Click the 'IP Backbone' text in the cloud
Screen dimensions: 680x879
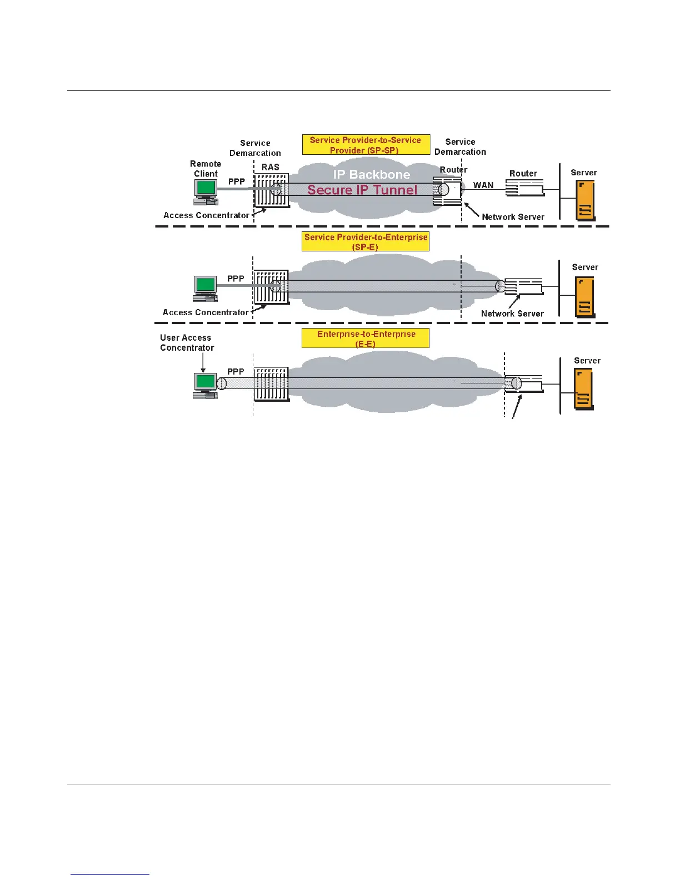point(372,174)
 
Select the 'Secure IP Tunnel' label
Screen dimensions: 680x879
point(362,190)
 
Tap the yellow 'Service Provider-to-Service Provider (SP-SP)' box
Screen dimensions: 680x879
point(366,145)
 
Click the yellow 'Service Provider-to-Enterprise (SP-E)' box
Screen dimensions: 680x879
point(366,241)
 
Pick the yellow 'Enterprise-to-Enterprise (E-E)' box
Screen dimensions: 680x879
point(366,339)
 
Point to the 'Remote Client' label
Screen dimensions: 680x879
point(206,169)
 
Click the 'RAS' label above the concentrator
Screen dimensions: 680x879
point(271,167)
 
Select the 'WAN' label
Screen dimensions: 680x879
point(483,185)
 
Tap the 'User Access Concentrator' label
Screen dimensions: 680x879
point(186,342)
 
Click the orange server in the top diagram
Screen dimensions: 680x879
point(586,200)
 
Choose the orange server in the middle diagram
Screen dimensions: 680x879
point(584,296)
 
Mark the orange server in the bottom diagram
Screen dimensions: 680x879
point(584,390)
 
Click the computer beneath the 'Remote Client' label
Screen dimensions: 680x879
point(206,192)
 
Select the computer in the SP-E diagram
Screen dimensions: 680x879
point(205,289)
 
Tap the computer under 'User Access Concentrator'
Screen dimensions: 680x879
point(205,386)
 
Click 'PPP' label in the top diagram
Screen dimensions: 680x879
point(237,181)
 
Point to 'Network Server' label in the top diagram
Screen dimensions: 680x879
point(513,217)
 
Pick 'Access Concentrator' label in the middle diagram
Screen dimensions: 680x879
point(206,312)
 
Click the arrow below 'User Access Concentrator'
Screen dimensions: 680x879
point(203,363)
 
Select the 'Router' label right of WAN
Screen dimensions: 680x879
point(523,174)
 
